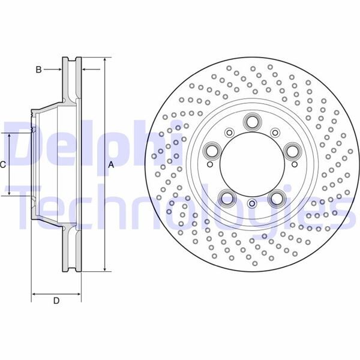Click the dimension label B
38,70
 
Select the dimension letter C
3,164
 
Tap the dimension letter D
56,301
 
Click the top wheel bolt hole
251,124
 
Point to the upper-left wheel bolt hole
210,149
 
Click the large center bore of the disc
251,166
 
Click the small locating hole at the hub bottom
252,205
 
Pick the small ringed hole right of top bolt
275,133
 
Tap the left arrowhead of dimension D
34,294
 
